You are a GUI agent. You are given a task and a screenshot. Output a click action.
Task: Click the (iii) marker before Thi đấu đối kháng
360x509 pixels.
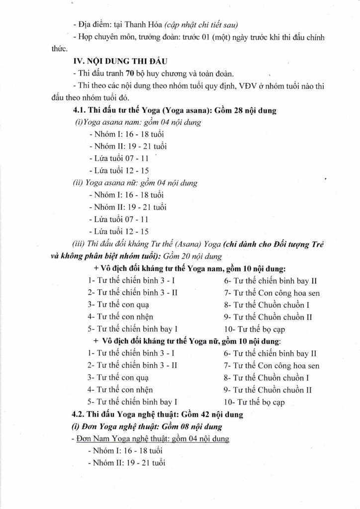[79, 244]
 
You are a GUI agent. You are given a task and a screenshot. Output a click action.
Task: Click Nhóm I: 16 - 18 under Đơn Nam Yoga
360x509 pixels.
[125, 450]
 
